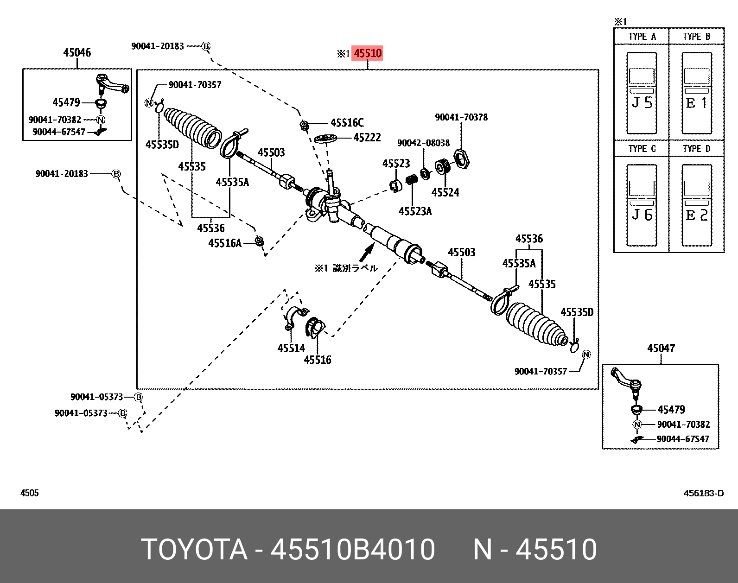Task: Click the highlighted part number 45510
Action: [x=368, y=53]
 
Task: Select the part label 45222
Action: [x=367, y=138]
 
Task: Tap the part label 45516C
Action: [x=347, y=123]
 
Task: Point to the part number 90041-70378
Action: [x=461, y=117]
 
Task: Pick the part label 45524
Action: [x=445, y=192]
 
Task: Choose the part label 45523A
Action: [x=415, y=211]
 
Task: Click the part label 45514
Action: [x=291, y=348]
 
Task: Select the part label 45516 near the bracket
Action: [x=318, y=360]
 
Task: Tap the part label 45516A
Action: [x=225, y=243]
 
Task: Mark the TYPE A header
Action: [x=642, y=37]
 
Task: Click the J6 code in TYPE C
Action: [x=642, y=215]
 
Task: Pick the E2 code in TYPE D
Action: [x=697, y=215]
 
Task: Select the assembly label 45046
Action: [x=77, y=53]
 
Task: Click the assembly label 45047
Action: [x=661, y=349]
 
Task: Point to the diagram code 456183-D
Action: [x=703, y=493]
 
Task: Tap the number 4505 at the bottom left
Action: [x=30, y=493]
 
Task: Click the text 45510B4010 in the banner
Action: [x=353, y=550]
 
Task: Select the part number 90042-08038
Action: [x=423, y=143]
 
